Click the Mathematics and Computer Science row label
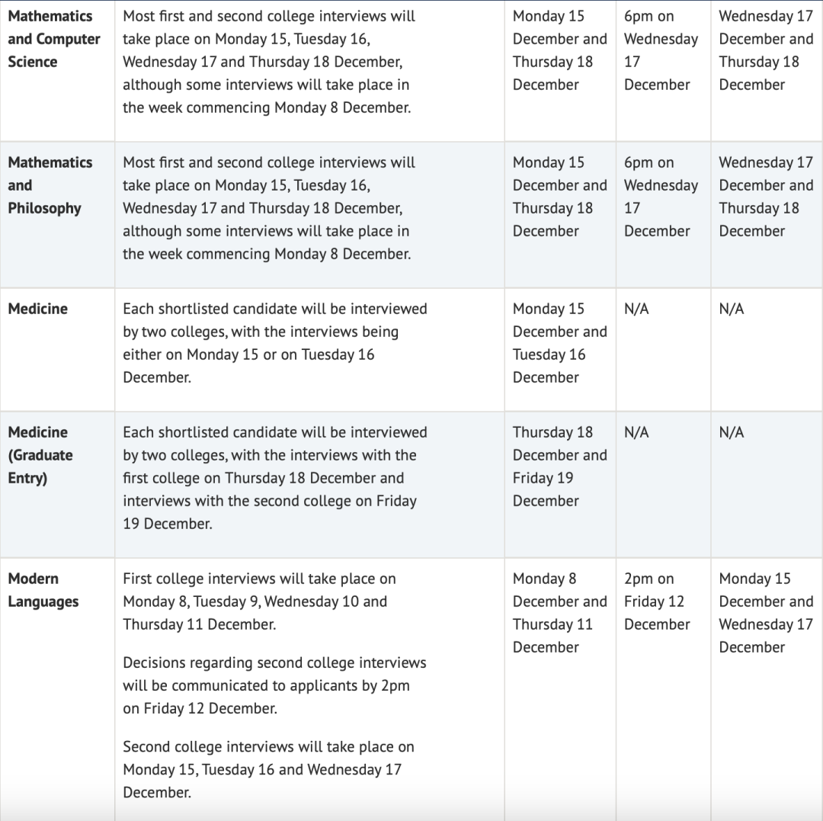point(53,39)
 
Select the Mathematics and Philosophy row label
point(50,185)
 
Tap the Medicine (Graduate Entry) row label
point(40,455)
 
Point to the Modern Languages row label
point(43,590)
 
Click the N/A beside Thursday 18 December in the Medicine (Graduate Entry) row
point(636,432)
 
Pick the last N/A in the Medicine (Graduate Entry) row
point(732,432)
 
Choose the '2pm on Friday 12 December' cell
point(656,601)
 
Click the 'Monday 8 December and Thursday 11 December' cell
point(559,613)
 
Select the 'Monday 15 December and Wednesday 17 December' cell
point(765,613)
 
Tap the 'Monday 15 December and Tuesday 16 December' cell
point(559,343)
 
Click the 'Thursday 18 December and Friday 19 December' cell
point(559,467)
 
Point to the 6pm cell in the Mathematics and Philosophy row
point(660,197)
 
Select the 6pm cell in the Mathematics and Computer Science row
point(660,50)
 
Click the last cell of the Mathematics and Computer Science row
point(765,50)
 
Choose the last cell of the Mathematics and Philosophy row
point(765,197)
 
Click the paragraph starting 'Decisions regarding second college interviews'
point(274,685)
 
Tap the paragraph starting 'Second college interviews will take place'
point(268,769)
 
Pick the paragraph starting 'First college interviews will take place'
point(259,601)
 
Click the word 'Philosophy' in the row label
point(44,208)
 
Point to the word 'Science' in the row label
point(32,62)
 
